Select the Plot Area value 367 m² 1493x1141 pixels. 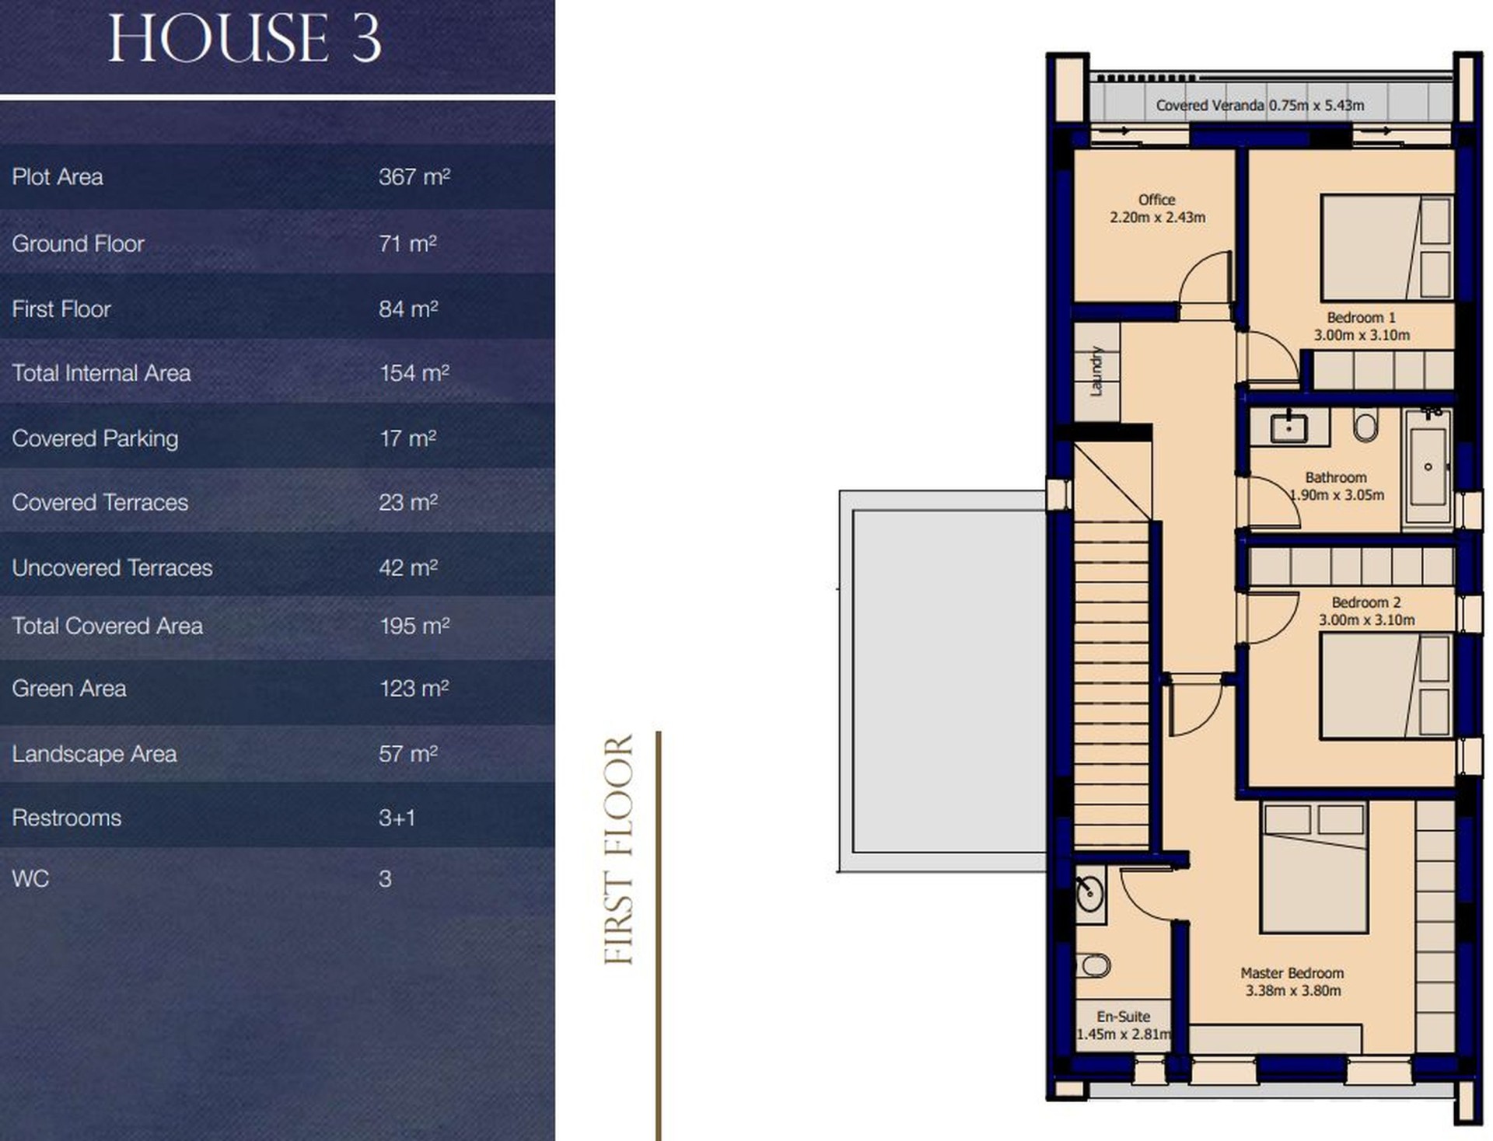(414, 176)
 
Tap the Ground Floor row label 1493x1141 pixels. (78, 243)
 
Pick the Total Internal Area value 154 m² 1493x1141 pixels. (414, 373)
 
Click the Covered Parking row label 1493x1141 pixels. (95, 438)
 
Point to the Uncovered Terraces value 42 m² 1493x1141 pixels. (408, 567)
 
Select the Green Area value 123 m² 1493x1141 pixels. (414, 689)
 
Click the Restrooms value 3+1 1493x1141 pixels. (397, 818)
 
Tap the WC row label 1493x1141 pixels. (30, 879)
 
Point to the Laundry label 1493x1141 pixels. (1096, 371)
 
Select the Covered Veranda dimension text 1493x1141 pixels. (1260, 105)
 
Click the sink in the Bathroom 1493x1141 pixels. (1289, 427)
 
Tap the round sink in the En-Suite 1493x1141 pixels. (1090, 893)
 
